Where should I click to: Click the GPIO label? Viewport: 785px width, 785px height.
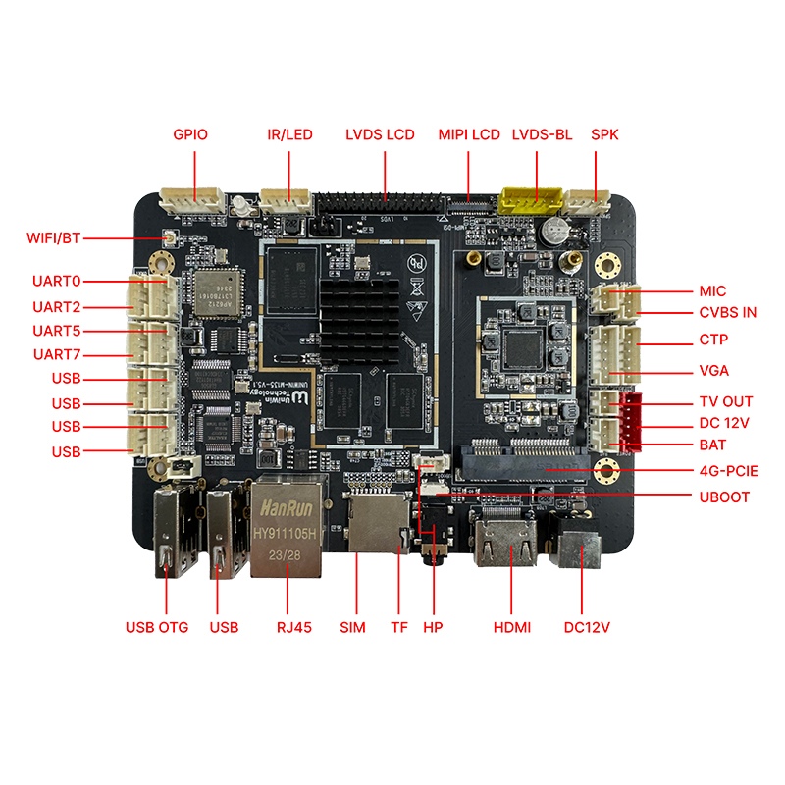[x=190, y=134]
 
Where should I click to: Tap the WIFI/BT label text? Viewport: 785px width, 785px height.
[x=53, y=237]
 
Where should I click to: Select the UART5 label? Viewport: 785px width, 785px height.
[x=56, y=331]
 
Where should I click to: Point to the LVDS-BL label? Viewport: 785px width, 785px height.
[x=542, y=134]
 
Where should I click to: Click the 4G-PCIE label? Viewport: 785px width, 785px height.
[x=727, y=471]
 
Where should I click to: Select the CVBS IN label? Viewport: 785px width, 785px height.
[x=727, y=313]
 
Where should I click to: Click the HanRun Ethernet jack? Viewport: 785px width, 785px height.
[x=288, y=530]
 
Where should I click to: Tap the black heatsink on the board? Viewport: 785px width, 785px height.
[x=358, y=314]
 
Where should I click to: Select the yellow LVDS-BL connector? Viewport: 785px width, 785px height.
[x=529, y=200]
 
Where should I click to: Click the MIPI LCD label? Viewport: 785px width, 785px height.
[x=469, y=134]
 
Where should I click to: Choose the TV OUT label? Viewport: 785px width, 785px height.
[x=725, y=401]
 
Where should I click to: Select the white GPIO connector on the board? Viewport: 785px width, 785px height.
[x=193, y=199]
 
